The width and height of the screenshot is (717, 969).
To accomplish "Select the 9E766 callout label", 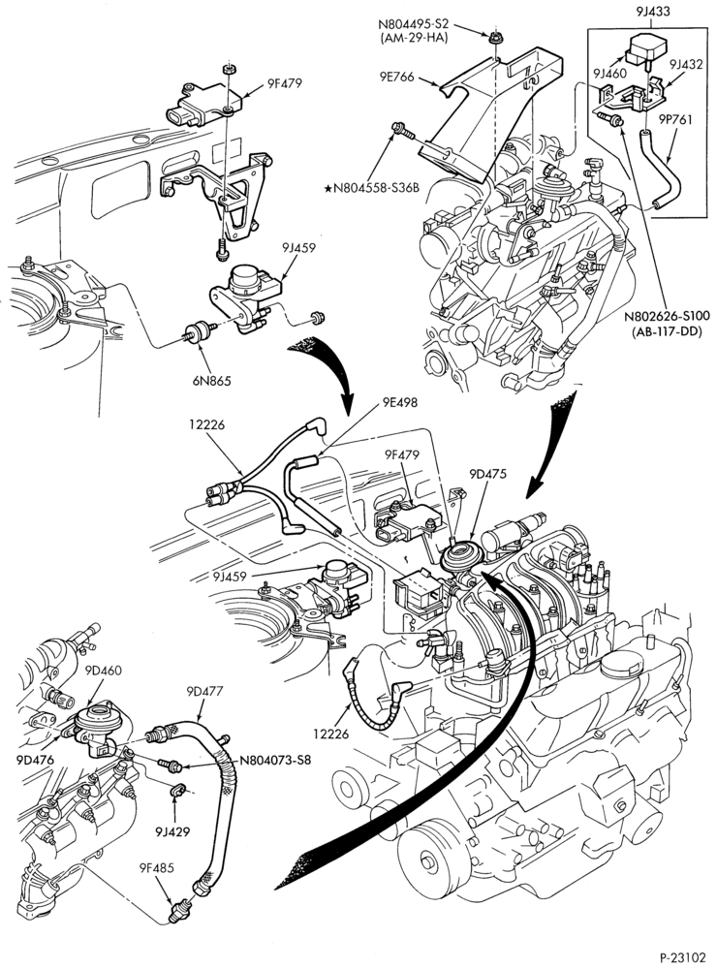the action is [397, 78].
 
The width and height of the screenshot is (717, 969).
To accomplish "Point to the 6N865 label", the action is [211, 381].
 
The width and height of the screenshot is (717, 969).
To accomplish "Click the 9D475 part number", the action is [487, 474].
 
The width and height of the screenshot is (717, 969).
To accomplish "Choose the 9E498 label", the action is [399, 402].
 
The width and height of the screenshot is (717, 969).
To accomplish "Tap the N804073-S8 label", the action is [275, 760].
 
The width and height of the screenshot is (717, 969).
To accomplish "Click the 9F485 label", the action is [156, 867].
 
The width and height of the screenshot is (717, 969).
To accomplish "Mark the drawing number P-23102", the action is [682, 957].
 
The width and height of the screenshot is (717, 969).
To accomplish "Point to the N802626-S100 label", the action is [667, 316].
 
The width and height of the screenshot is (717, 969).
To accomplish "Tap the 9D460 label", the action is [103, 670].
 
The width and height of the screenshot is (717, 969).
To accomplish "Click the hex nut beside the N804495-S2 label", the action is [494, 39].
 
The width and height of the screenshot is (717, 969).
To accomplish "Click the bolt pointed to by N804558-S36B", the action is [401, 130].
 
